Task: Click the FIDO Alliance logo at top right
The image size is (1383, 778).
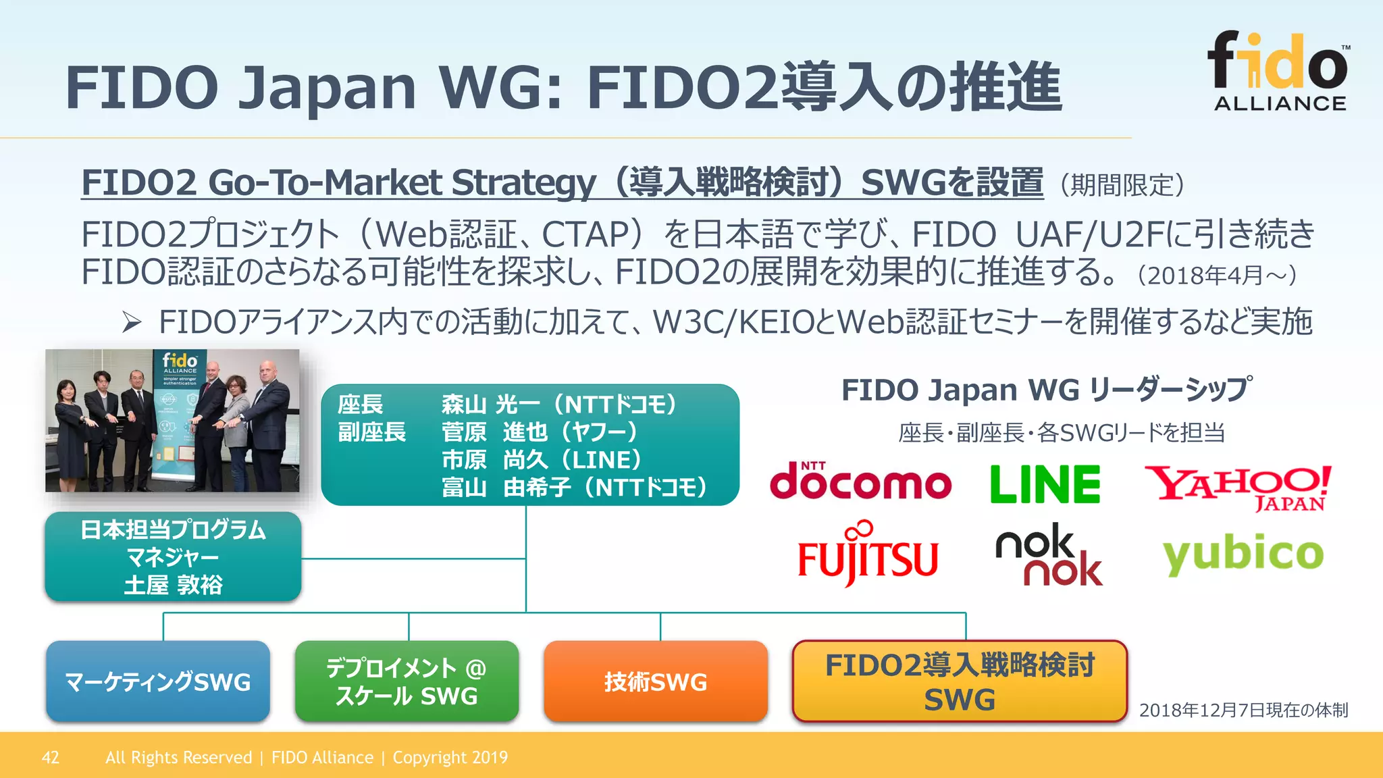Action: click(x=1279, y=71)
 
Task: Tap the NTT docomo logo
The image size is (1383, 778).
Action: click(x=860, y=482)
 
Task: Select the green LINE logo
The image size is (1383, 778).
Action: click(x=1045, y=484)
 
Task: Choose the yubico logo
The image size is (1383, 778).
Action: click(x=1243, y=554)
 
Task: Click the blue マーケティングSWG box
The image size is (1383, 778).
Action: click(x=158, y=681)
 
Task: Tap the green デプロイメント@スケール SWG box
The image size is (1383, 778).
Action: click(x=407, y=681)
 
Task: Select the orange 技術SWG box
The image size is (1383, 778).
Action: click(x=655, y=681)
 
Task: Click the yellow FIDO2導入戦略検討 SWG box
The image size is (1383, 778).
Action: click(x=960, y=681)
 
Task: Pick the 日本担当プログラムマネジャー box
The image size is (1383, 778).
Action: click(x=173, y=556)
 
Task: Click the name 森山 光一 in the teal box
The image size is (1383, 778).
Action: click(x=490, y=405)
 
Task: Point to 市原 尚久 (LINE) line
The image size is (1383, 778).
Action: click(x=541, y=460)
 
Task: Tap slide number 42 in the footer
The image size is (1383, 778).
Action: click(x=51, y=757)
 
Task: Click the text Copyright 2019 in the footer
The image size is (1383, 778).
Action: click(x=450, y=757)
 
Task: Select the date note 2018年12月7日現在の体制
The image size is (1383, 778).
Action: click(x=1243, y=710)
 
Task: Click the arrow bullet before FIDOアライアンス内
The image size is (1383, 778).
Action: click(x=131, y=323)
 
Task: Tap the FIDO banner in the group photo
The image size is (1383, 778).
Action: click(x=179, y=419)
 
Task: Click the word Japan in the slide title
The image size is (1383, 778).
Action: click(x=327, y=88)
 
